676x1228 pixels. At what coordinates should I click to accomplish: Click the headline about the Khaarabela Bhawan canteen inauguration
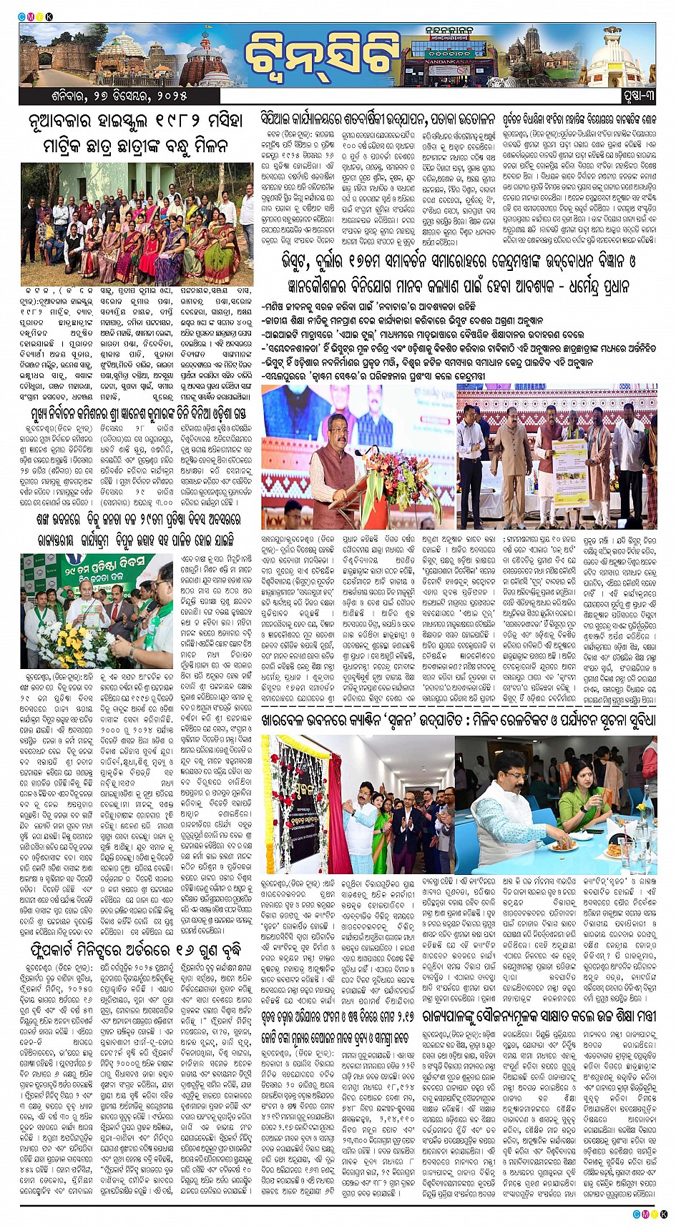tap(459, 721)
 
